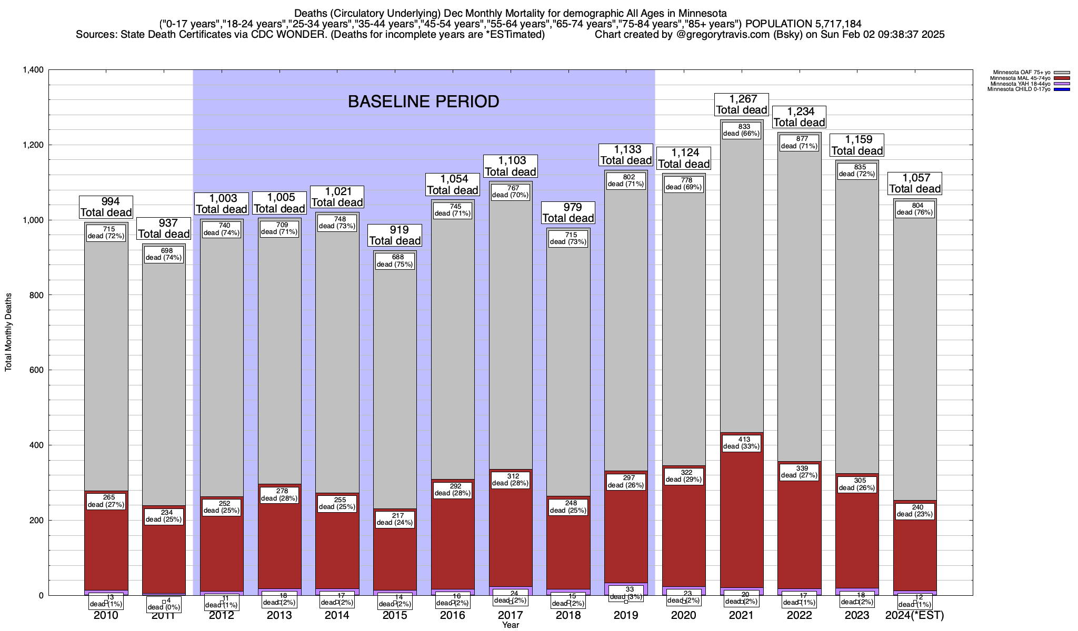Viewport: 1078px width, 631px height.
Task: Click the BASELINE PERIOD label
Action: [x=423, y=101]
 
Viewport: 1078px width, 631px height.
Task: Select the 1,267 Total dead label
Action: [x=742, y=104]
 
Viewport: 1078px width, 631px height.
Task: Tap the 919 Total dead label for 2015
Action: [x=395, y=235]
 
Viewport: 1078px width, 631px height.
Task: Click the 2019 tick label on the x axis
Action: [x=626, y=615]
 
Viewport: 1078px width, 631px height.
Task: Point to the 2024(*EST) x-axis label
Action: [x=915, y=615]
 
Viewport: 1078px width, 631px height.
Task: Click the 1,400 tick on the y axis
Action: [x=33, y=70]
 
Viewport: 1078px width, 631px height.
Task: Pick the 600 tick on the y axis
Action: [x=37, y=370]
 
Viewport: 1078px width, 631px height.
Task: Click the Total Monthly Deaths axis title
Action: [x=8, y=332]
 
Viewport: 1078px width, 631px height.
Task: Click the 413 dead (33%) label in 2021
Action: [x=741, y=443]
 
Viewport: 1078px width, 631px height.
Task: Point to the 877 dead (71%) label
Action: [x=799, y=143]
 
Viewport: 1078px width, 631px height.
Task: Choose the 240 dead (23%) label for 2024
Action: [x=915, y=511]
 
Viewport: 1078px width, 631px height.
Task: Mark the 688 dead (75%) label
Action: [x=395, y=261]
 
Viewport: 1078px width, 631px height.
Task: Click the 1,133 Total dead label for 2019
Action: [x=626, y=155]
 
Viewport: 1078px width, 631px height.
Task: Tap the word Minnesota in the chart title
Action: [x=701, y=13]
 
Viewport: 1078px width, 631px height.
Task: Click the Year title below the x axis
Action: [x=510, y=625]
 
